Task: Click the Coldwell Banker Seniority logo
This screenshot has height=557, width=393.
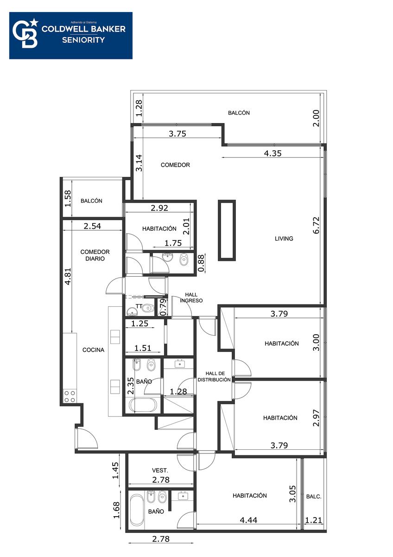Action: tap(71, 36)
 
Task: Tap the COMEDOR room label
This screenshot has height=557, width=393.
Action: tap(175, 165)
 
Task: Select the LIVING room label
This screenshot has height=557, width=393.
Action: tap(284, 239)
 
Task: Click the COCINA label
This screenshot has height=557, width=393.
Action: tap(93, 350)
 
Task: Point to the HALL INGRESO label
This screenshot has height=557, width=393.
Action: tap(191, 298)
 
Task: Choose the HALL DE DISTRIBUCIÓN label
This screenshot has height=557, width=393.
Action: tap(214, 376)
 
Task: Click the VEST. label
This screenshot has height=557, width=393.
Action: tap(160, 471)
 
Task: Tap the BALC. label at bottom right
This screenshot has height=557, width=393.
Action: tap(314, 497)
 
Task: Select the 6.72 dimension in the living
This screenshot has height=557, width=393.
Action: tap(316, 225)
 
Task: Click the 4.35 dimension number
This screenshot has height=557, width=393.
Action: tap(273, 153)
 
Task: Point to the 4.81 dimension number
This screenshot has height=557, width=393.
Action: tap(68, 276)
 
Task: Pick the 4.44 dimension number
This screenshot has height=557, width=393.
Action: tap(248, 520)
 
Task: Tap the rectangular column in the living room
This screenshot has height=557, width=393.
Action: tap(227, 230)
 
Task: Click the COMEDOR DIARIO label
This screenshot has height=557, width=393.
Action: tap(95, 255)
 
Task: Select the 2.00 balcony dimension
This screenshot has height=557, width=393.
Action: tap(316, 118)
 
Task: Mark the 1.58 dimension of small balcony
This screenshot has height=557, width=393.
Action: tap(68, 199)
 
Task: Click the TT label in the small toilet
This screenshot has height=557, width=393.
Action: tap(139, 306)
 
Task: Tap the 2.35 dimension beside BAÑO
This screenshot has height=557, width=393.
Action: tap(130, 386)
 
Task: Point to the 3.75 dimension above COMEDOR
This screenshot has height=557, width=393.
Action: tap(177, 134)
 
